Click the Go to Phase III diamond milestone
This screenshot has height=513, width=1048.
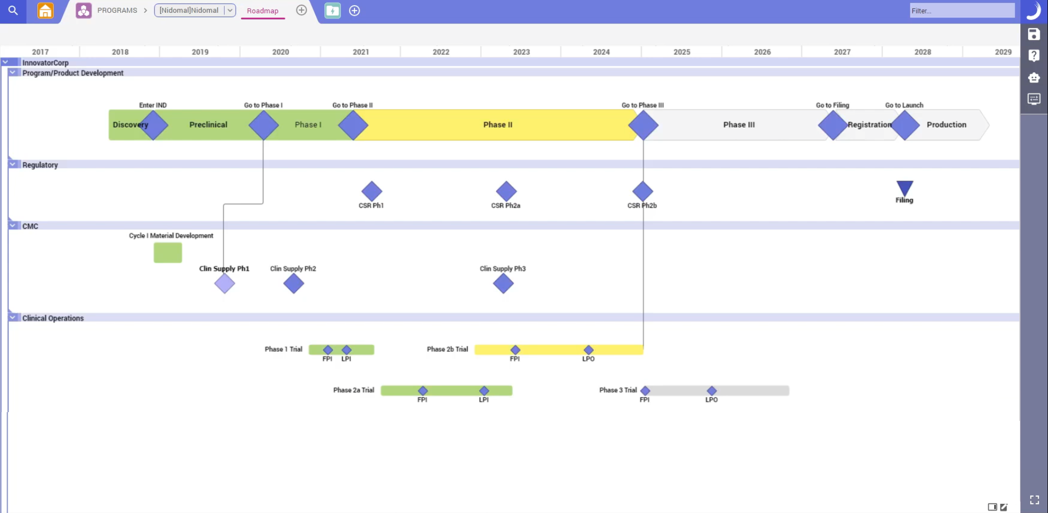point(643,125)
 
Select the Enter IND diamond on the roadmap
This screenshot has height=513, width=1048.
point(153,125)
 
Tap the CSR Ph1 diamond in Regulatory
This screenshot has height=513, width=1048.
point(372,191)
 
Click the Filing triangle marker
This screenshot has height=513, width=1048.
point(904,188)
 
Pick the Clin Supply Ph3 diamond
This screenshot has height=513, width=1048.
point(503,283)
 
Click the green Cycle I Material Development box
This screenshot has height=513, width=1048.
point(168,252)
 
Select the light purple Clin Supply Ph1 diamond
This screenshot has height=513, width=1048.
point(225,283)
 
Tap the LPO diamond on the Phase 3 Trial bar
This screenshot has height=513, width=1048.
point(711,391)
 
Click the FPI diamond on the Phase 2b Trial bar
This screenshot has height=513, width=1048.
point(515,350)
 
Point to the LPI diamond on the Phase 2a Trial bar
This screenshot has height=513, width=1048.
point(484,391)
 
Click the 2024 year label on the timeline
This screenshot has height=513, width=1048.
point(601,52)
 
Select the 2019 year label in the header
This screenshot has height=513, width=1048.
point(200,52)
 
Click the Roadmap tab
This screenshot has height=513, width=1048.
point(263,11)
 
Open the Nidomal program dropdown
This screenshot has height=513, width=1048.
point(230,10)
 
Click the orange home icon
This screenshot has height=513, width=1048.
point(46,10)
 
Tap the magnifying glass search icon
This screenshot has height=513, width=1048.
point(13,10)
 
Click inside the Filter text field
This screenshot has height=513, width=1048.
point(962,11)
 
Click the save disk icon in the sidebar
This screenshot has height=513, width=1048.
point(1034,34)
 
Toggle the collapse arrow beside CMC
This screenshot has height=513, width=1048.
point(13,225)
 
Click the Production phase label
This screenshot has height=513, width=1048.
point(946,124)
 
